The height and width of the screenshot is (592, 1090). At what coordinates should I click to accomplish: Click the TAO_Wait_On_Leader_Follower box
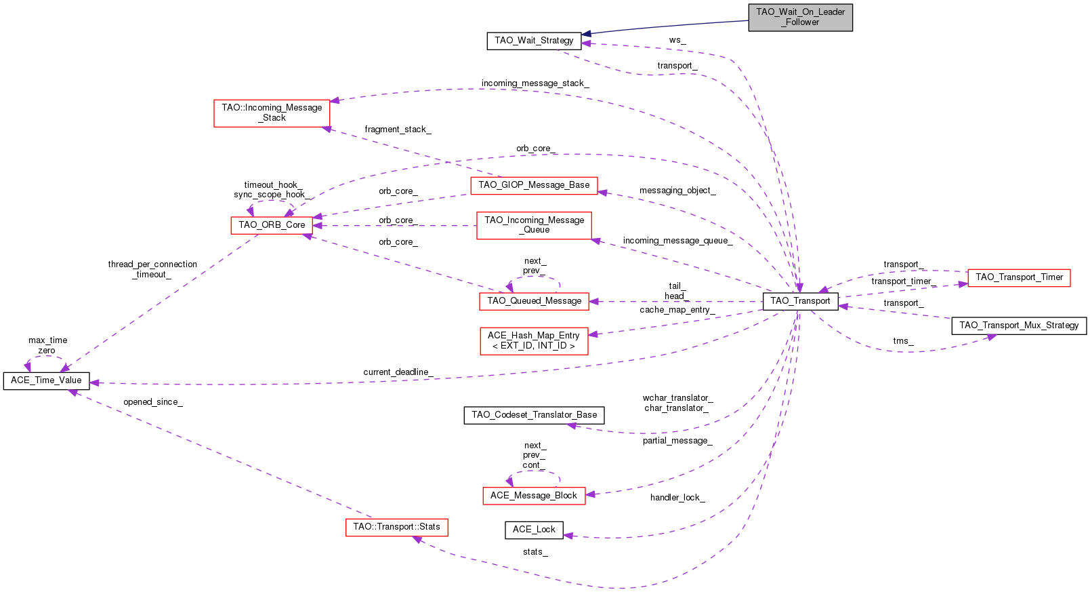(800, 17)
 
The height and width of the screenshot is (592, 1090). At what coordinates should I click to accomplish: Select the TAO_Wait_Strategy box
(534, 41)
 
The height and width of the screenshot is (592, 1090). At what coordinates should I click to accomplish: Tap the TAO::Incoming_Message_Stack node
(272, 113)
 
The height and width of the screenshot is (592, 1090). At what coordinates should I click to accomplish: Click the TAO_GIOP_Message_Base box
(534, 185)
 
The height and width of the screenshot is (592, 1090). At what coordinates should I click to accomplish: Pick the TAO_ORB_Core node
(272, 225)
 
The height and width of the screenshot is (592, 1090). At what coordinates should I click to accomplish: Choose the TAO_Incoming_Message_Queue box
(534, 225)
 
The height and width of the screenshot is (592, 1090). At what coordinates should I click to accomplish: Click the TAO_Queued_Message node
(534, 301)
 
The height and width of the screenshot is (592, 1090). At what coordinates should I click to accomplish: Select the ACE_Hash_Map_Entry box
(534, 340)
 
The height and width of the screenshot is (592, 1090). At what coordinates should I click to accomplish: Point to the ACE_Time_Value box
(46, 380)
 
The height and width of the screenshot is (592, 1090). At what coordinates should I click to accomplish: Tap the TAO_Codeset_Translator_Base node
(534, 415)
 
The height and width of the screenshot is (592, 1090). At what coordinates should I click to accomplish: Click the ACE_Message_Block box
(534, 496)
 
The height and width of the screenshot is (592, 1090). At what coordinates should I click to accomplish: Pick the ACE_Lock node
(534, 530)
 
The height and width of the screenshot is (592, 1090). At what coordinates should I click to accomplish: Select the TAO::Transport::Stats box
(396, 527)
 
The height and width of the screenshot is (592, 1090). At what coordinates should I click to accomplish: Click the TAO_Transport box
(800, 301)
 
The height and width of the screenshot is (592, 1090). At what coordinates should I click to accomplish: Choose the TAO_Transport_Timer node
(1019, 277)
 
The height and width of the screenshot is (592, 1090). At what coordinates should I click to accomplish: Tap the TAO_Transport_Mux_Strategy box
(1019, 325)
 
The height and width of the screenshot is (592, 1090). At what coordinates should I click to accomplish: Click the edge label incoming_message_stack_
(535, 83)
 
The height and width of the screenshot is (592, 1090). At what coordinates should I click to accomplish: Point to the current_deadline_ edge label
(398, 372)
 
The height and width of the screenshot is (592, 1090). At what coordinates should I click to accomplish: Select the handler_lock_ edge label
(677, 498)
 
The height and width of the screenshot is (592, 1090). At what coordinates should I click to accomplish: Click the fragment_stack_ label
(398, 130)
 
